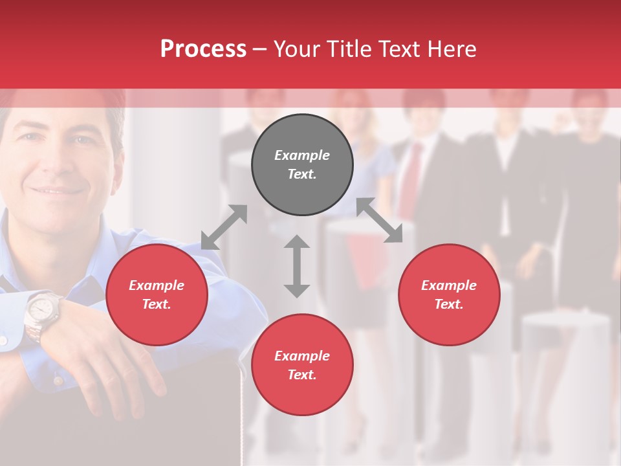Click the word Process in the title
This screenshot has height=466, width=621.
coord(203,49)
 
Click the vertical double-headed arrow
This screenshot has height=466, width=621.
coord(297,266)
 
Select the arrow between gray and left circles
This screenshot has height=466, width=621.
coord(224,227)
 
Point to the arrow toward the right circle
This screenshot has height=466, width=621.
coord(380,221)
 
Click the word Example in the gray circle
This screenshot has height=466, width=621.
coord(302,155)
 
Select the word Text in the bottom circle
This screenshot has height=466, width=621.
coord(302,375)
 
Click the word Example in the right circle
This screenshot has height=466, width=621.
coord(449,285)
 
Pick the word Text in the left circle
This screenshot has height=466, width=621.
coord(157,304)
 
